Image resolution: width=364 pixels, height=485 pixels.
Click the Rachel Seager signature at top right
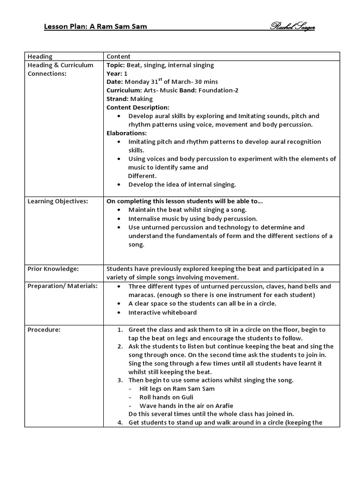click(292, 27)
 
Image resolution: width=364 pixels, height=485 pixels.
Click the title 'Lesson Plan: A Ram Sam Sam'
click(95, 27)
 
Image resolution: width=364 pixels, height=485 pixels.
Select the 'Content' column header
click(118, 56)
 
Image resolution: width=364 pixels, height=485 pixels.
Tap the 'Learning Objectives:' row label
click(58, 201)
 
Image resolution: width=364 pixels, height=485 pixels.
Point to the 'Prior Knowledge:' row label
click(53, 269)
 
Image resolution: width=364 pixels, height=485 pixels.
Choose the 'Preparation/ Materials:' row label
click(63, 286)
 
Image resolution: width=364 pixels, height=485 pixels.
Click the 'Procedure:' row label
click(44, 330)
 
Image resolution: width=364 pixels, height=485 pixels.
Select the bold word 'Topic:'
click(115, 65)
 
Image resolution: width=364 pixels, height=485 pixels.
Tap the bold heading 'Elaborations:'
click(127, 133)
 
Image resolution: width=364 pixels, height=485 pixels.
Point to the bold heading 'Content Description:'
click(137, 108)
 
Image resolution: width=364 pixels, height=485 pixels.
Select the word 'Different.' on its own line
click(142, 176)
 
